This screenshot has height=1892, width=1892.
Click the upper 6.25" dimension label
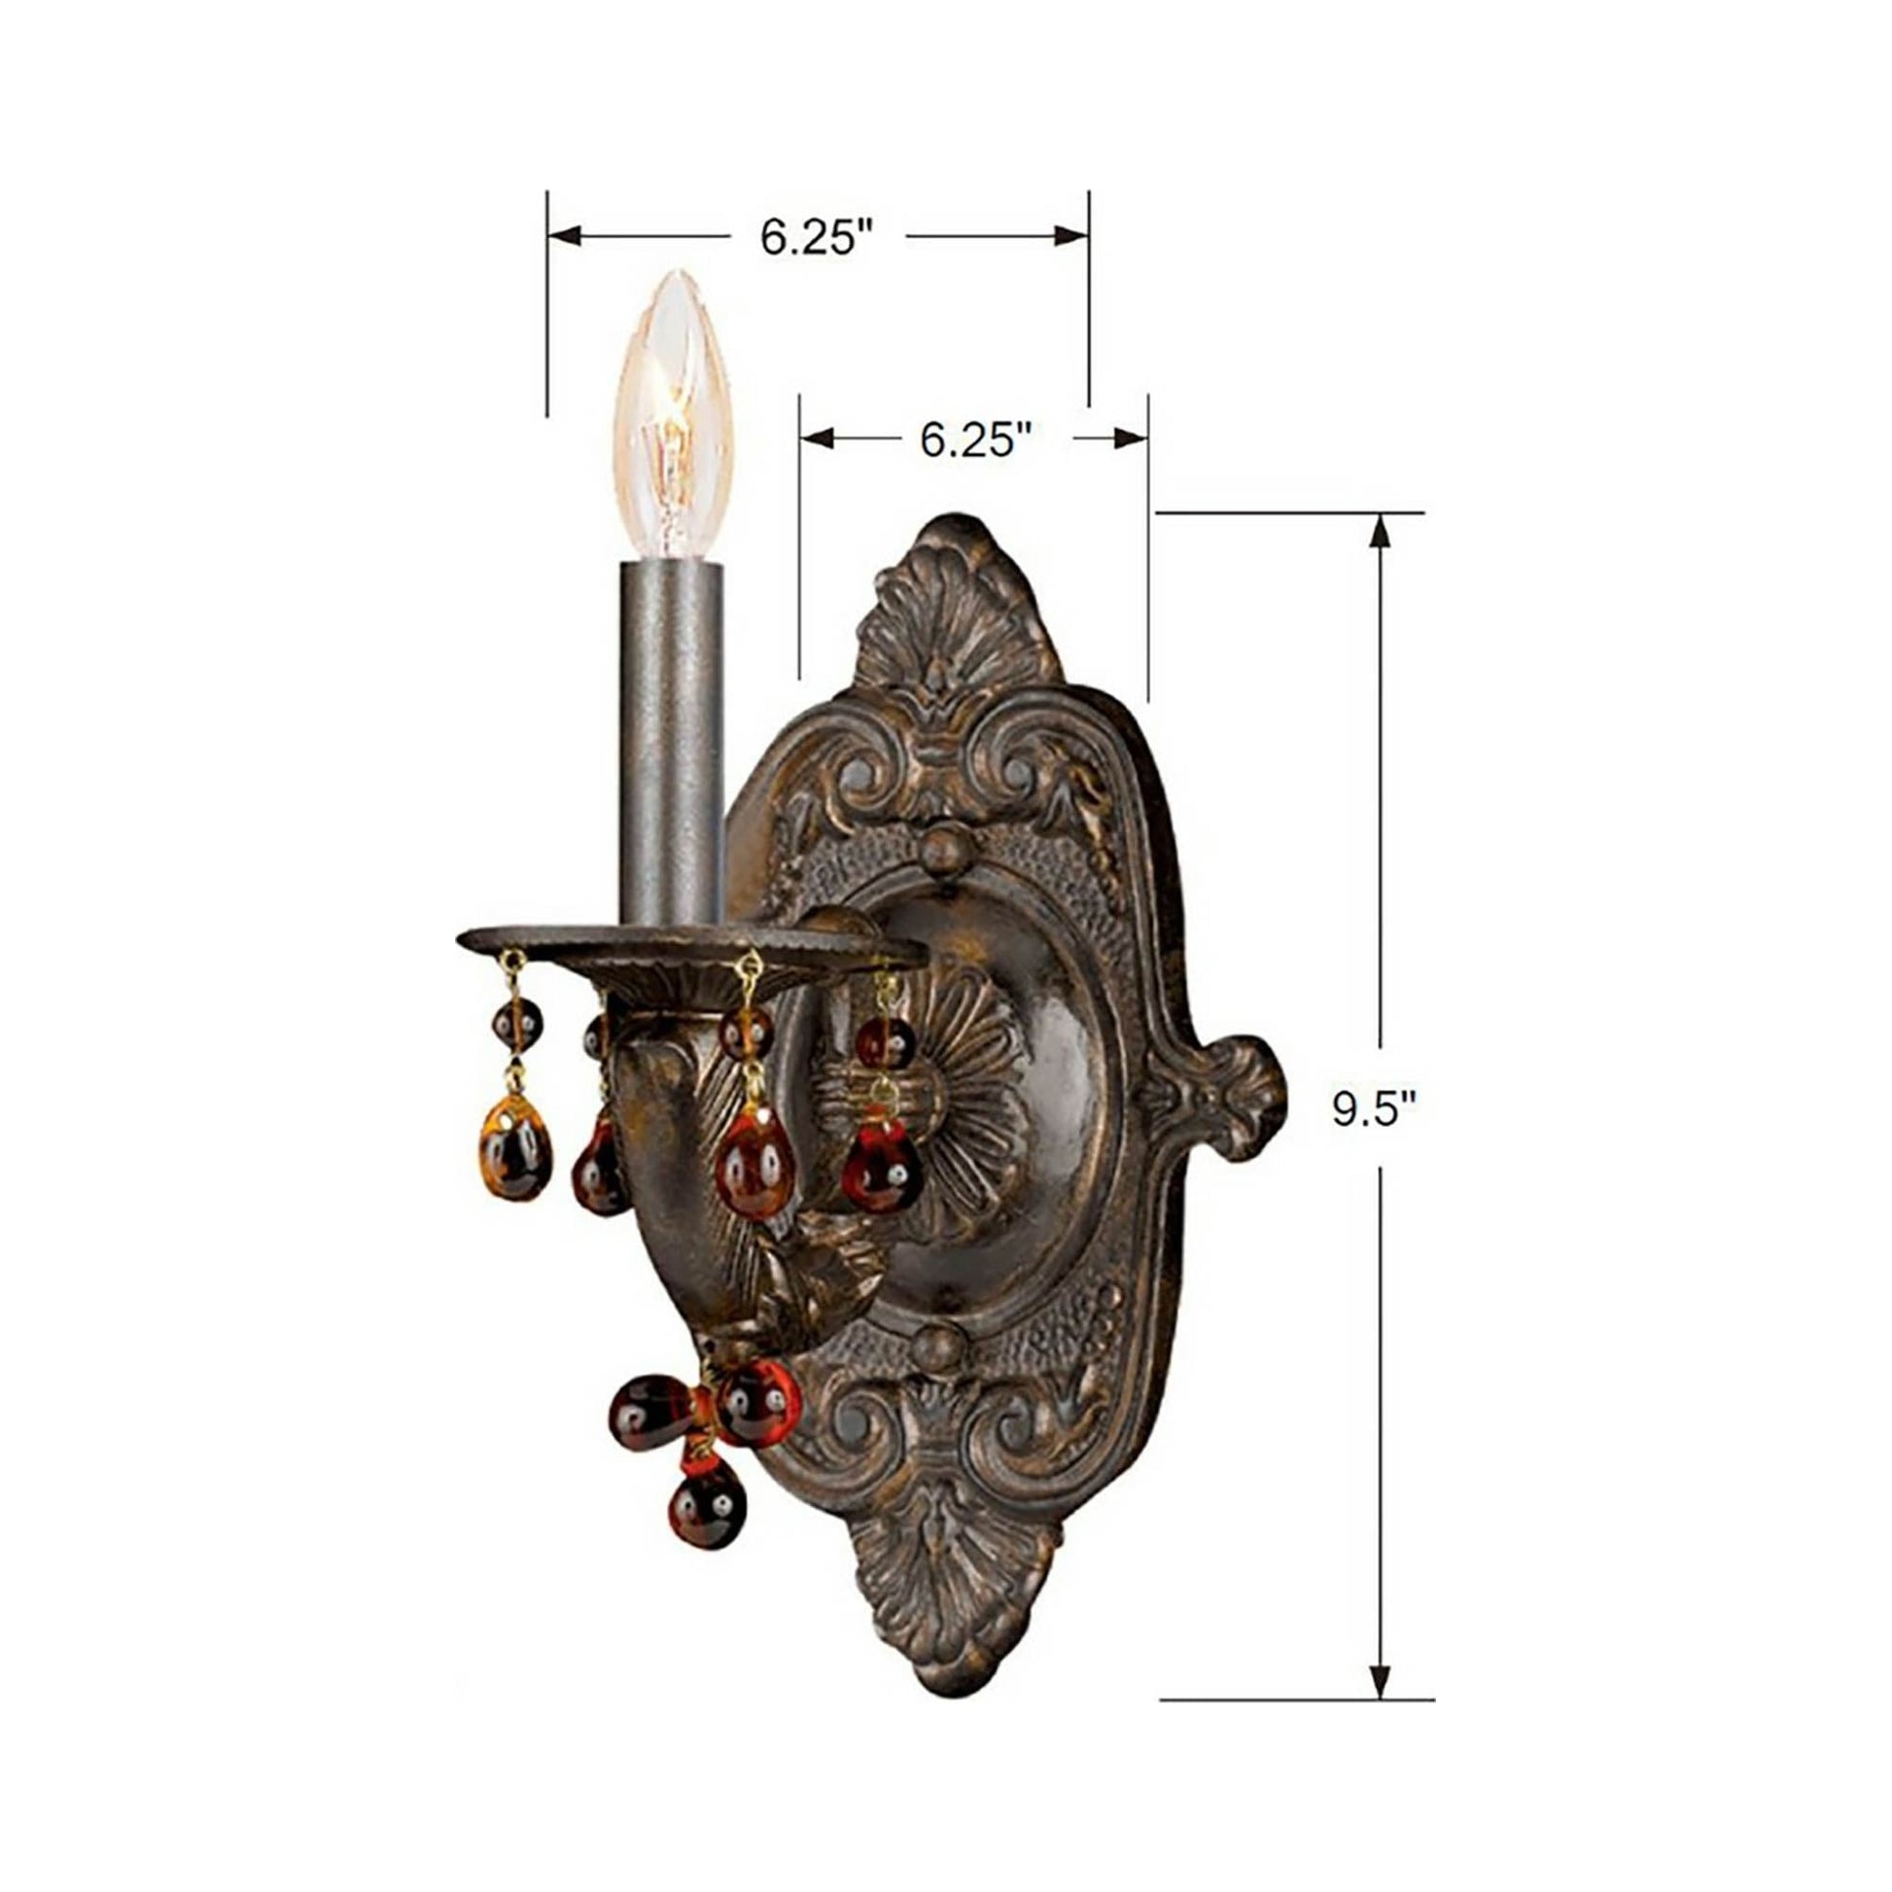click(x=817, y=238)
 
